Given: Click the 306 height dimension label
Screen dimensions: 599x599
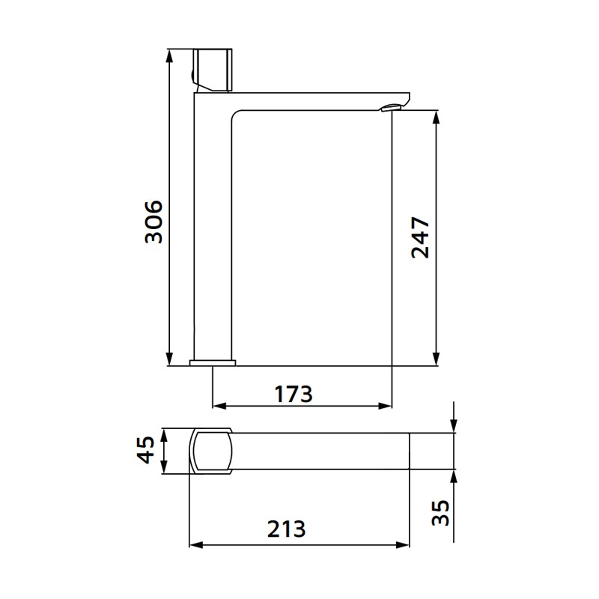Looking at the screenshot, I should tap(153, 222).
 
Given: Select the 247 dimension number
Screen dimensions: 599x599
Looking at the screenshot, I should tap(421, 238).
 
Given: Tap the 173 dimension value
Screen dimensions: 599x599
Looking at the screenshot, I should tap(294, 393).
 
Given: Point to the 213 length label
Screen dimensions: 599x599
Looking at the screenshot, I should tap(288, 529).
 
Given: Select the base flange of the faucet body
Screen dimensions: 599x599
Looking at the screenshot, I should tap(213, 363).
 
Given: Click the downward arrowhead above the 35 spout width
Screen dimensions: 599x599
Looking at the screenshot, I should tap(454, 427).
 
